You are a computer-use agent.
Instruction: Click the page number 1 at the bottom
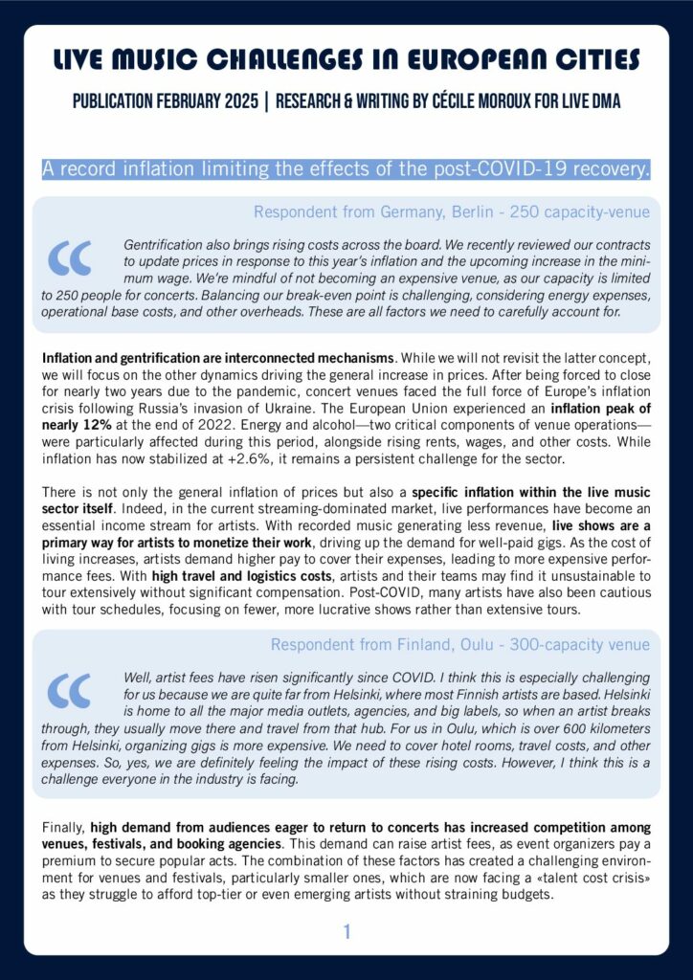point(347,931)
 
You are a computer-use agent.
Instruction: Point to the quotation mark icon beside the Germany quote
point(72,256)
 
